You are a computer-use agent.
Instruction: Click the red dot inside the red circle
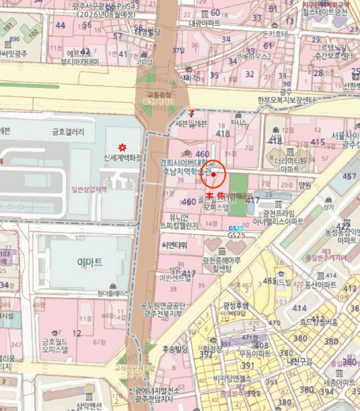pyautogui.click(x=214, y=174)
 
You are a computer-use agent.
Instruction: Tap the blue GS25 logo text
pyautogui.click(x=235, y=228)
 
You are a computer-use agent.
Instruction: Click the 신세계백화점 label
pyautogui.click(x=123, y=158)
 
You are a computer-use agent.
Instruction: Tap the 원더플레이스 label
pyautogui.click(x=113, y=293)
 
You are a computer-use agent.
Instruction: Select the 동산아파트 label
pyautogui.click(x=321, y=285)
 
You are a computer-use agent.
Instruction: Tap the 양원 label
pyautogui.click(x=305, y=184)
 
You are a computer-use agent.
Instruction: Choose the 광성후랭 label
pyautogui.click(x=235, y=305)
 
